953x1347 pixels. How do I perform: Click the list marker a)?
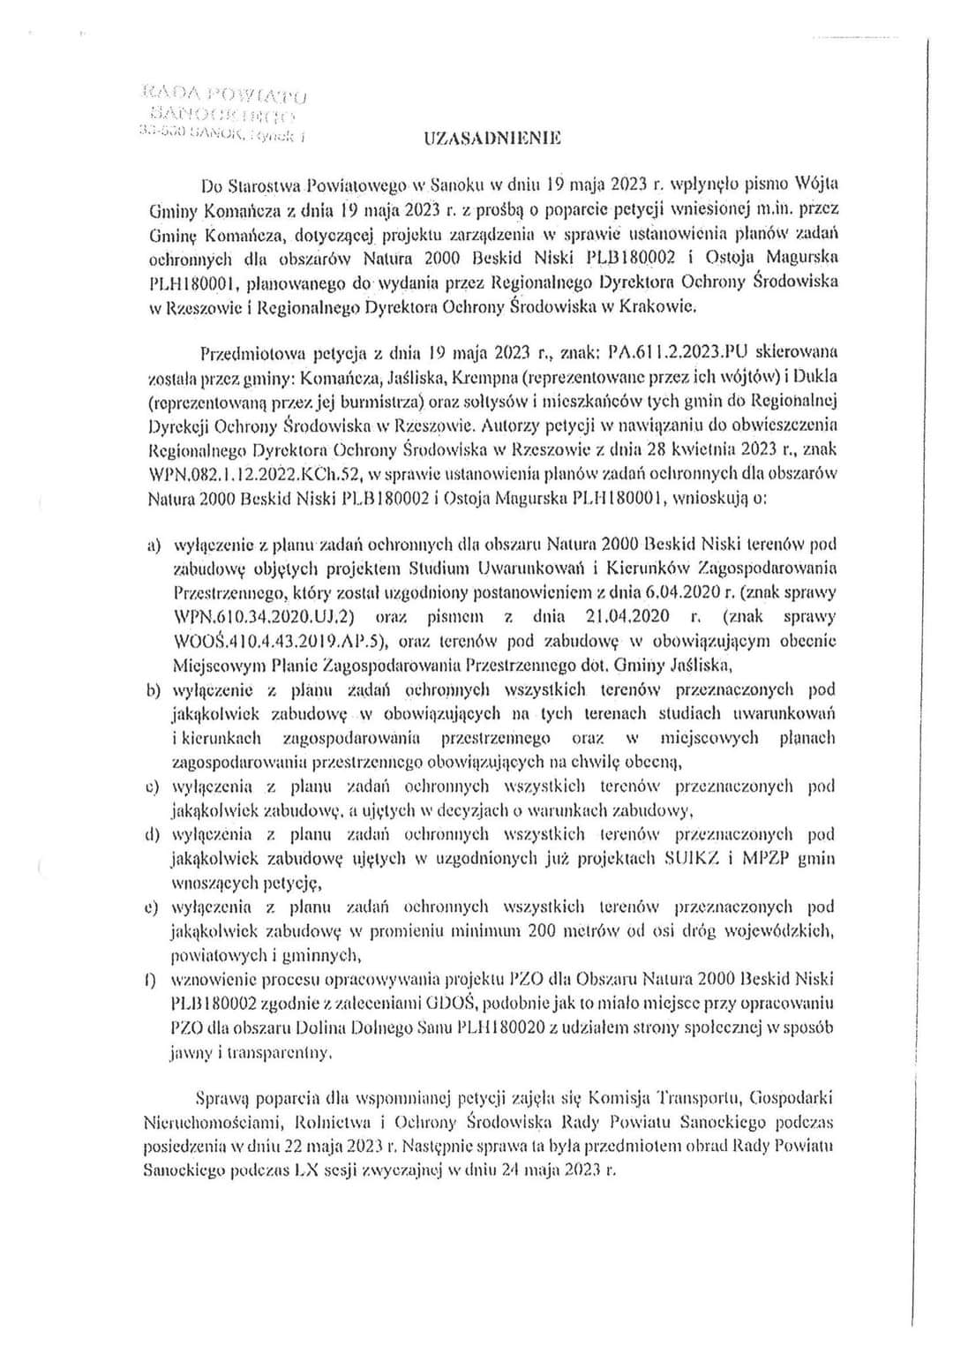[152, 545]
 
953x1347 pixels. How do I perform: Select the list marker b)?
[152, 689]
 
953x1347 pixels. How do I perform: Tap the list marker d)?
[152, 833]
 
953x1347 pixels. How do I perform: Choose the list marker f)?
[152, 978]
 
